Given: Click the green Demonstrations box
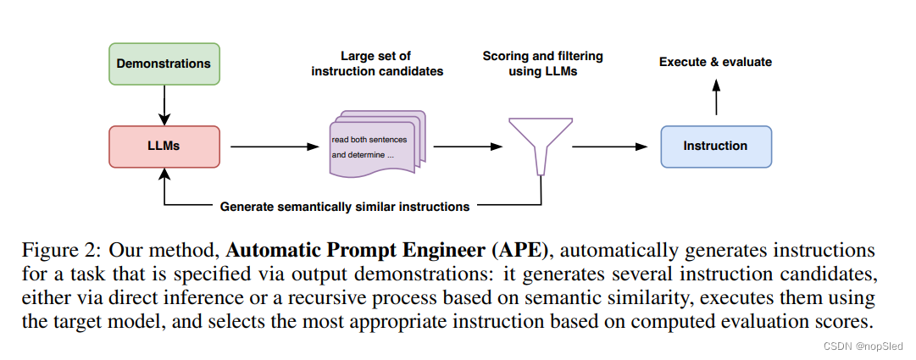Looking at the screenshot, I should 164,64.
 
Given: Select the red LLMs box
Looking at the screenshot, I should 164,146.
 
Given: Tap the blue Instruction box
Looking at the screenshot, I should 715,146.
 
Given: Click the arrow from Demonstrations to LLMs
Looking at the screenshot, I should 164,105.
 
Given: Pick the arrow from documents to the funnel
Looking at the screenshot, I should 466,146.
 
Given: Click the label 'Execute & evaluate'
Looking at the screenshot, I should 715,62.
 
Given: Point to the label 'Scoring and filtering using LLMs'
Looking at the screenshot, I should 542,64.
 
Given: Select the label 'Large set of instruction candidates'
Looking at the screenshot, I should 377,64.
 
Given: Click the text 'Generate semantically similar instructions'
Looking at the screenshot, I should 344,206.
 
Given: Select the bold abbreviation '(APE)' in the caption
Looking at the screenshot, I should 520,252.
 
